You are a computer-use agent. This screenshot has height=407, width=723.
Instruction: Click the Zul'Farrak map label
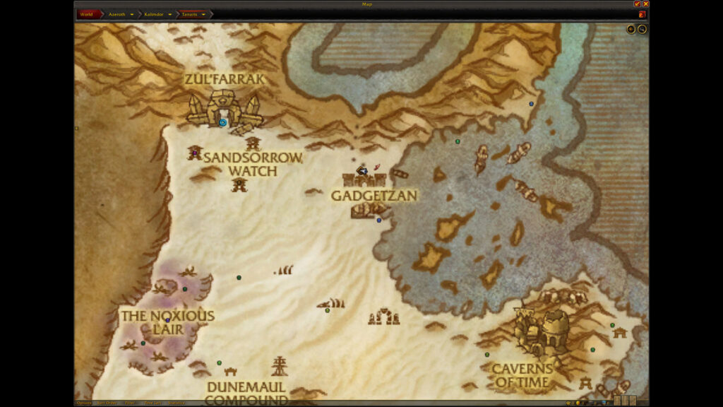click(x=225, y=79)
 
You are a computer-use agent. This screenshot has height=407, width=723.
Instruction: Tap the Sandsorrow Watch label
click(x=253, y=164)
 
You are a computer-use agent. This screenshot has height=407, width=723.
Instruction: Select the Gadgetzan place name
click(x=374, y=195)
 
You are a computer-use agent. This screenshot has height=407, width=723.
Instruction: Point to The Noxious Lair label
click(x=167, y=322)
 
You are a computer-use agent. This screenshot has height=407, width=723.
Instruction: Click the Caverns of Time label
click(x=522, y=375)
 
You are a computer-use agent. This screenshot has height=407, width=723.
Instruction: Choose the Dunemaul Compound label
click(x=246, y=393)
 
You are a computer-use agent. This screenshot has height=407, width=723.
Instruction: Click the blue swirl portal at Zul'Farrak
click(x=222, y=122)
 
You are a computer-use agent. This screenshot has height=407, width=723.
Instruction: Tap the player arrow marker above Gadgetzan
click(x=363, y=170)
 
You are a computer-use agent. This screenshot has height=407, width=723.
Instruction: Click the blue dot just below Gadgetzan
click(x=379, y=220)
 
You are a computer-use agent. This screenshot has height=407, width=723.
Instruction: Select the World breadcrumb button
click(x=87, y=14)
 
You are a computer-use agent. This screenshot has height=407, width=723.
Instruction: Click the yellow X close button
click(x=645, y=4)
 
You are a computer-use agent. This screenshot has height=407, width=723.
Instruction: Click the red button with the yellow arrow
click(x=643, y=14)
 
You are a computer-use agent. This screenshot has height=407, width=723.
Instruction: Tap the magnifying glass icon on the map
click(x=642, y=29)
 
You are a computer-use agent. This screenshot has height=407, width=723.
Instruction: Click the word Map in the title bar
click(x=367, y=4)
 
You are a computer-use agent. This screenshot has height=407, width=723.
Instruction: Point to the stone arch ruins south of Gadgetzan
click(x=383, y=317)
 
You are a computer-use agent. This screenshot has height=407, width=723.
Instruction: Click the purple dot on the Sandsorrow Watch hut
click(x=195, y=153)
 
